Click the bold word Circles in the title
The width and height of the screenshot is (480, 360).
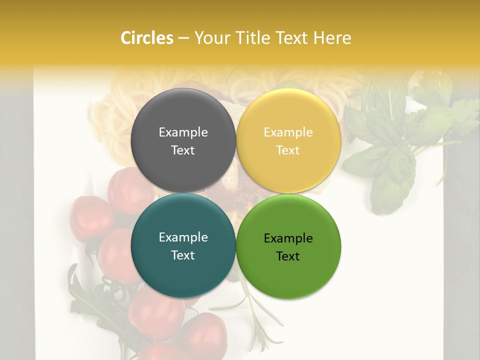point(147,38)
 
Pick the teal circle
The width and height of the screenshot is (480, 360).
point(183,272)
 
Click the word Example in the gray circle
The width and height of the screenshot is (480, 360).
point(183,132)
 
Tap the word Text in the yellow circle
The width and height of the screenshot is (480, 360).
point(288,150)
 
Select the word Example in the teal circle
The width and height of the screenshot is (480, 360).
point(183,237)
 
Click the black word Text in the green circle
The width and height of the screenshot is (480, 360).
point(288,256)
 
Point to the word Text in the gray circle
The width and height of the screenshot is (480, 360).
point(183,150)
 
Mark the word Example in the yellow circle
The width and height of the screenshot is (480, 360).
point(288,132)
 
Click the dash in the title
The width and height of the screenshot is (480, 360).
point(183,38)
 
